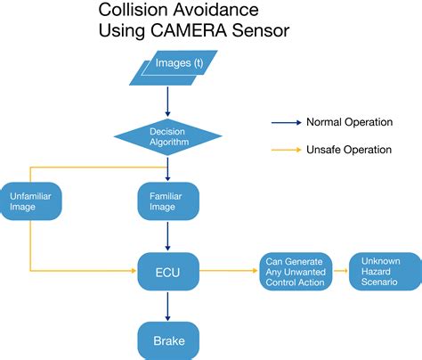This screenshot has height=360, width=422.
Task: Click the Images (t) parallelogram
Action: click(167, 67)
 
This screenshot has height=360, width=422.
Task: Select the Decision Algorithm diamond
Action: click(167, 135)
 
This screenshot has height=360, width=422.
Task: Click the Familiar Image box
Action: click(167, 201)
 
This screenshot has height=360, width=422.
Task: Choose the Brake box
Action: click(167, 340)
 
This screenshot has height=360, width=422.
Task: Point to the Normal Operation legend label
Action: click(348, 122)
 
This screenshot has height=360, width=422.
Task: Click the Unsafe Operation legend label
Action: click(348, 150)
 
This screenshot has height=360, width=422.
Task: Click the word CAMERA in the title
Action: click(183, 32)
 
